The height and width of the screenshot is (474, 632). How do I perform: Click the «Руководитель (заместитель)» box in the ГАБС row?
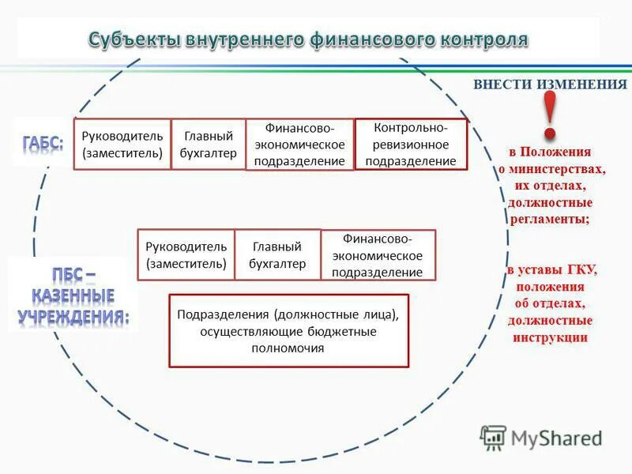coord(122,144)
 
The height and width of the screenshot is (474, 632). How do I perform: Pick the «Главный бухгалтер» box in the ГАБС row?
coord(209,144)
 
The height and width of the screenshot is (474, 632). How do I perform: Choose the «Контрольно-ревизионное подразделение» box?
coord(411,144)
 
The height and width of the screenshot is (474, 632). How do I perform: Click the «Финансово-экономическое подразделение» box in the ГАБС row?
coord(299,144)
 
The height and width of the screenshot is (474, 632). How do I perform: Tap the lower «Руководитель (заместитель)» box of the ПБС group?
coord(186,254)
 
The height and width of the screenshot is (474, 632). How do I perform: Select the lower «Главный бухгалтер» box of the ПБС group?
coord(277,254)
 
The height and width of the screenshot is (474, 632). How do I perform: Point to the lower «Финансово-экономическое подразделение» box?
coord(378,254)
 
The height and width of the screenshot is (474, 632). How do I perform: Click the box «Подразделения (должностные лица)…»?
coord(288,330)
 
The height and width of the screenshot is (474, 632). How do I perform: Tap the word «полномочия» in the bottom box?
coord(288,348)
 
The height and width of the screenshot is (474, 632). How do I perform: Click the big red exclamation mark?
coord(550,115)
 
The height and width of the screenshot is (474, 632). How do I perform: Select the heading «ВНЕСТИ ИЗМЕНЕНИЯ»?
coord(549,84)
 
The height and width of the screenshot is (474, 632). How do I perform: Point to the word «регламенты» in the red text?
coord(549,220)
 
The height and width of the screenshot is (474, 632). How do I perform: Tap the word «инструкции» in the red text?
coord(549,337)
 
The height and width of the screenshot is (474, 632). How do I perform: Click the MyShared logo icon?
coord(494,436)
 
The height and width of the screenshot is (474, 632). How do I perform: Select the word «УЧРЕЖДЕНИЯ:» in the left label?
coord(73,318)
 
